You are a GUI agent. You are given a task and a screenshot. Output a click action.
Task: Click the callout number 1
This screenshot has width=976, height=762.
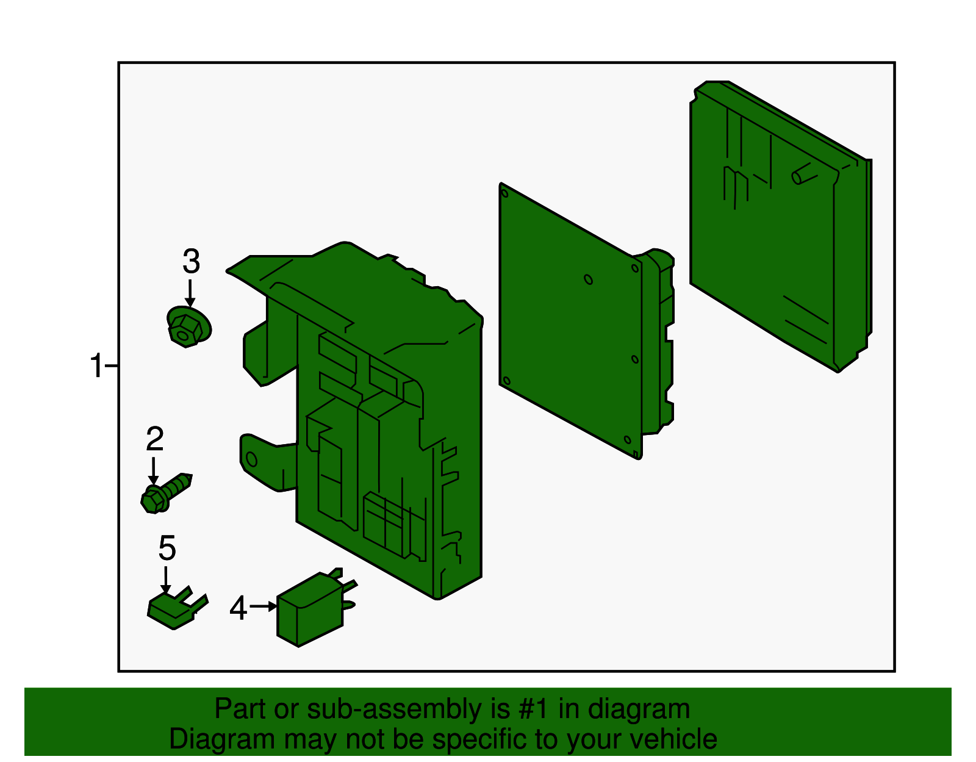pos(97,365)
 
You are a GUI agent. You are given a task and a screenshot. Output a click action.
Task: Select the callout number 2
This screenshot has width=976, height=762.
pos(155,439)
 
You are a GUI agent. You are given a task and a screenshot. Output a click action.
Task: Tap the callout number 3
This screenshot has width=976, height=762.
pos(191,261)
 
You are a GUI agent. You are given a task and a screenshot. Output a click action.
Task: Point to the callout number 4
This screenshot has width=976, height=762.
pos(239,608)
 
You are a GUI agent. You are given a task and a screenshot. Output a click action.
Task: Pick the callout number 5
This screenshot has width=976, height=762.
pos(167,548)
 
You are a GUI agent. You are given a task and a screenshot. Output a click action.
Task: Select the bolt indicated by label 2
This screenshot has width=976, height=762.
pos(166,493)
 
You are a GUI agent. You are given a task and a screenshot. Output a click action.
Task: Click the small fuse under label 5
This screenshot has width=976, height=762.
pos(177,608)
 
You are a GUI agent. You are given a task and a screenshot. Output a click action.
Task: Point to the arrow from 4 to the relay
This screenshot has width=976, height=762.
pos(263,606)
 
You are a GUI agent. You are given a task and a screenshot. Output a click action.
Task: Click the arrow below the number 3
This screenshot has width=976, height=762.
pos(190,293)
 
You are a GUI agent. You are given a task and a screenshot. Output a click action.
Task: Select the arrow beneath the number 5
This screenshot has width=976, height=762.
pos(166,580)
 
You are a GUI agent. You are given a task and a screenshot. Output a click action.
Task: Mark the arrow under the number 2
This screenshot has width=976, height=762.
pos(154,471)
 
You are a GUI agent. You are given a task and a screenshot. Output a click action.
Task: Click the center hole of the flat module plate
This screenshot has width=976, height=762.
pos(589,280)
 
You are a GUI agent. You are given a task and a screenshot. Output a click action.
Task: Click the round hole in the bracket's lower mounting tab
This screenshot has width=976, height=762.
pos(251,459)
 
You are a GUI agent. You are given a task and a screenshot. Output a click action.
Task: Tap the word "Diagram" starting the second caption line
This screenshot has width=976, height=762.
pos(221,739)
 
